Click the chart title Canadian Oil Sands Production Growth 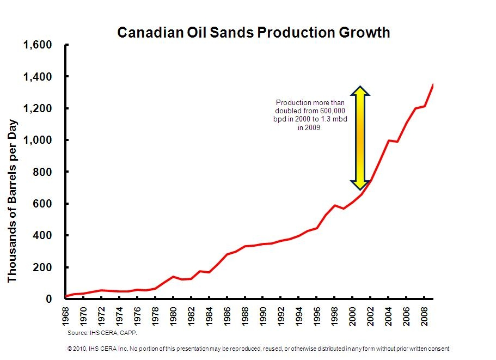point(254,33)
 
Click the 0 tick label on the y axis point(48,299)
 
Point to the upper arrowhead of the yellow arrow point(360,91)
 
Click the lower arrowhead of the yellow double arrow point(360,186)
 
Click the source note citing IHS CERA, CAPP point(102,332)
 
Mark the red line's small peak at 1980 point(173,277)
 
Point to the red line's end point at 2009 point(433,84)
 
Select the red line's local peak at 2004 point(388,141)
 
